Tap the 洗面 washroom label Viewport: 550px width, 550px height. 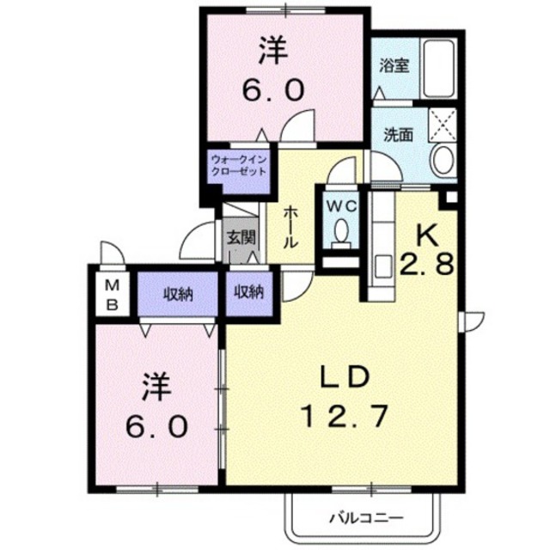click(398, 135)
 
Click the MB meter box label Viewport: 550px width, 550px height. click(113, 294)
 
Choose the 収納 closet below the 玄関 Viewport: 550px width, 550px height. click(248, 292)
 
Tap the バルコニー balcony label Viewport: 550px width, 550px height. click(367, 517)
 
